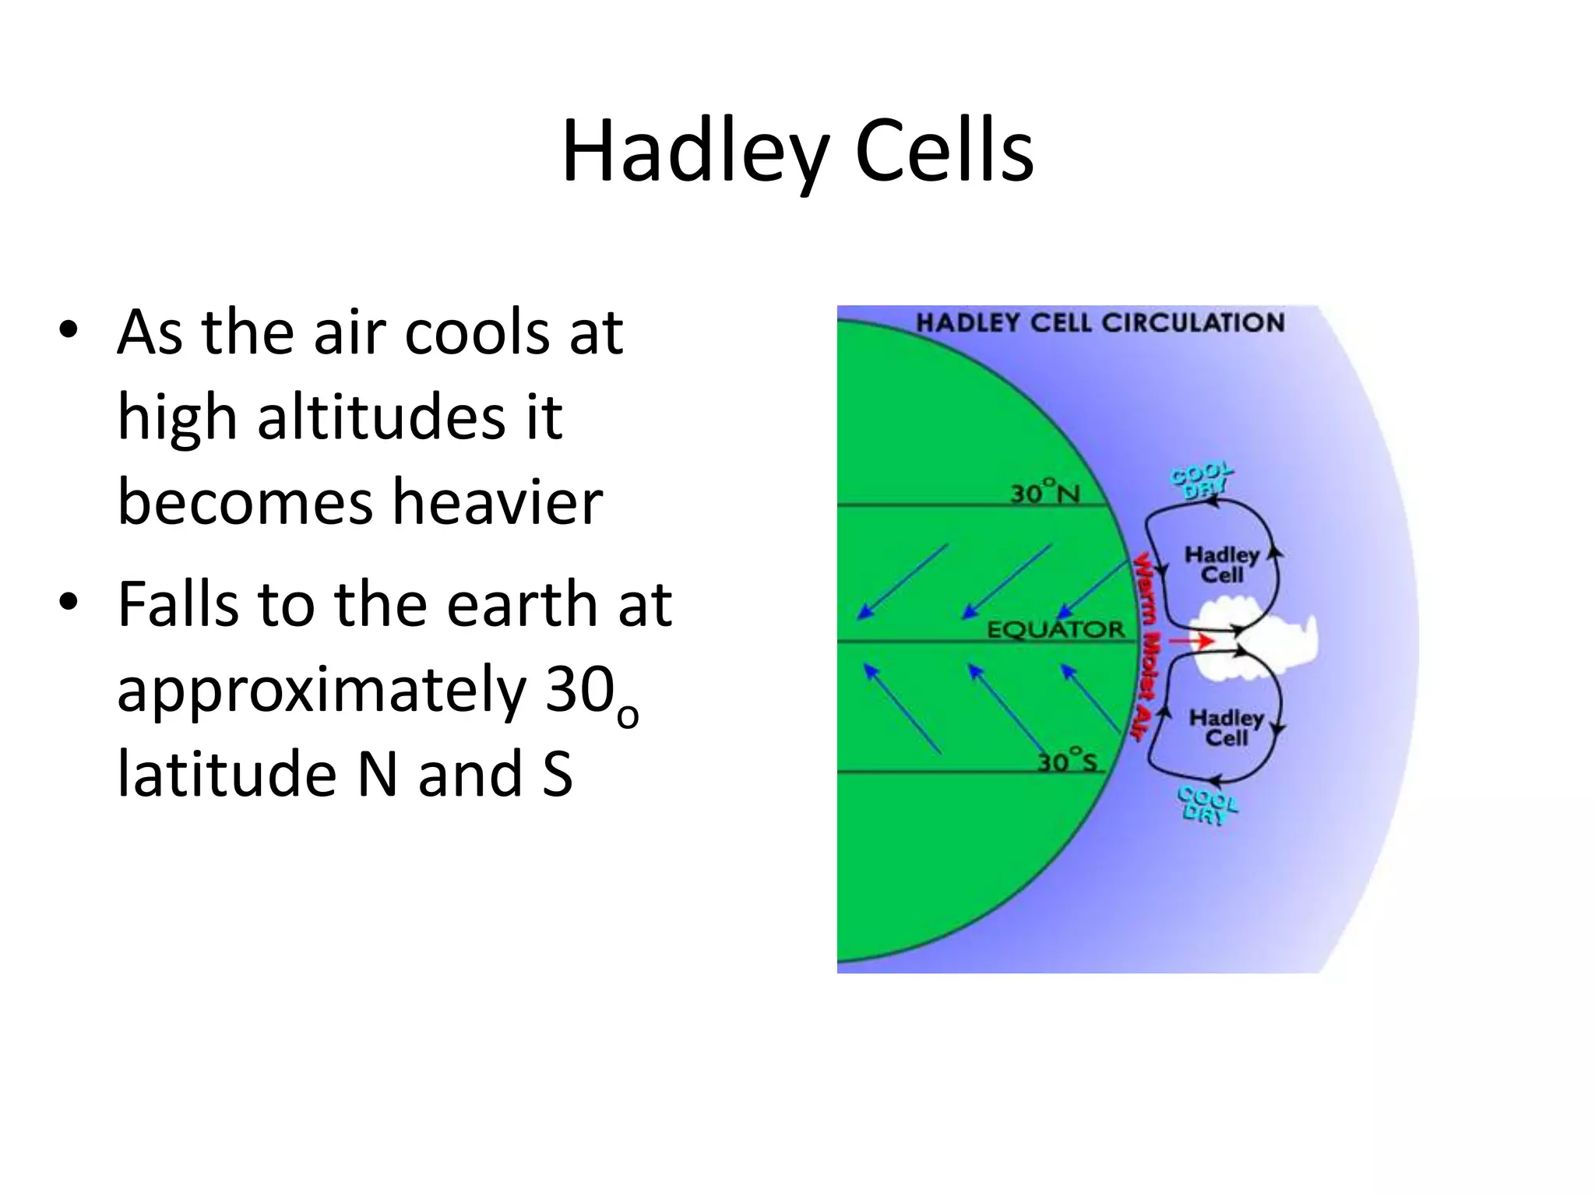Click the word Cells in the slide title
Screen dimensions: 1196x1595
click(944, 152)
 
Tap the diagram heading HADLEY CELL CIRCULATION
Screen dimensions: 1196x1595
click(1100, 323)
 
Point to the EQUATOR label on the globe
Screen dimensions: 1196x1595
click(1056, 629)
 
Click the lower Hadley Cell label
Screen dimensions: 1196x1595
click(1226, 728)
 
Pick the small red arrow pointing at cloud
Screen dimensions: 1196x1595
click(1192, 641)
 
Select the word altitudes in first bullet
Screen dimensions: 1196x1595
click(382, 417)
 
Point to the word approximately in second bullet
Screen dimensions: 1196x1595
click(322, 690)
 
